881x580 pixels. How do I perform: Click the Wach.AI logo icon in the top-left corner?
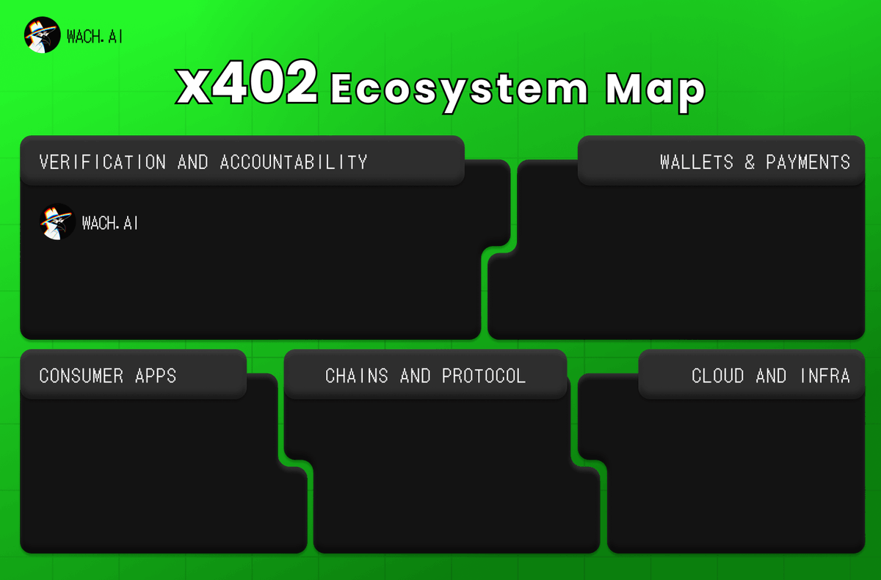(x=42, y=35)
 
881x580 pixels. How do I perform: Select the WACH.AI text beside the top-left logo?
(x=94, y=36)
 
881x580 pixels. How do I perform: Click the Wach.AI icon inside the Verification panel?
(x=57, y=222)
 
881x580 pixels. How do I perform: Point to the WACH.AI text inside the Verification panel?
(x=110, y=222)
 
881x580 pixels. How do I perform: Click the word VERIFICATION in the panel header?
(x=102, y=162)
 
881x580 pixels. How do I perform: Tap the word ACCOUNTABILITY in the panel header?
(x=294, y=162)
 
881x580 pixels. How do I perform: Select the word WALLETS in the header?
(x=697, y=162)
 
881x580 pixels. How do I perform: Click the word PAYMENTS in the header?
(x=808, y=162)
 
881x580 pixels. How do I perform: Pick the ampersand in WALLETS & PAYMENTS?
(x=750, y=162)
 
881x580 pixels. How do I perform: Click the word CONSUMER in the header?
(x=81, y=376)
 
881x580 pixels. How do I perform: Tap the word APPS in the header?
(x=156, y=376)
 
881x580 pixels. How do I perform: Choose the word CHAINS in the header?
(x=357, y=376)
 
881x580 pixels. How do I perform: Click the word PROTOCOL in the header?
(x=484, y=376)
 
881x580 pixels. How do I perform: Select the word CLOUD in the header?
(x=718, y=376)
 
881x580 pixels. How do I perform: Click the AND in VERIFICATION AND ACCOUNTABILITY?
(x=193, y=162)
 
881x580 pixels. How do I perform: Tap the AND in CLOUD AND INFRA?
(x=771, y=376)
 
